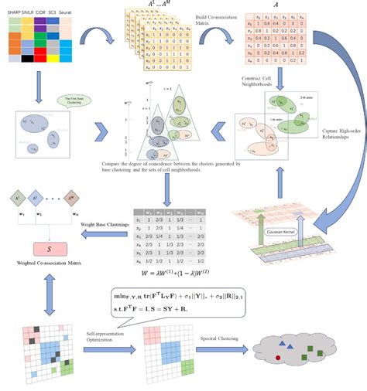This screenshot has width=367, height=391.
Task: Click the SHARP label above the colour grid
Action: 15,13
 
